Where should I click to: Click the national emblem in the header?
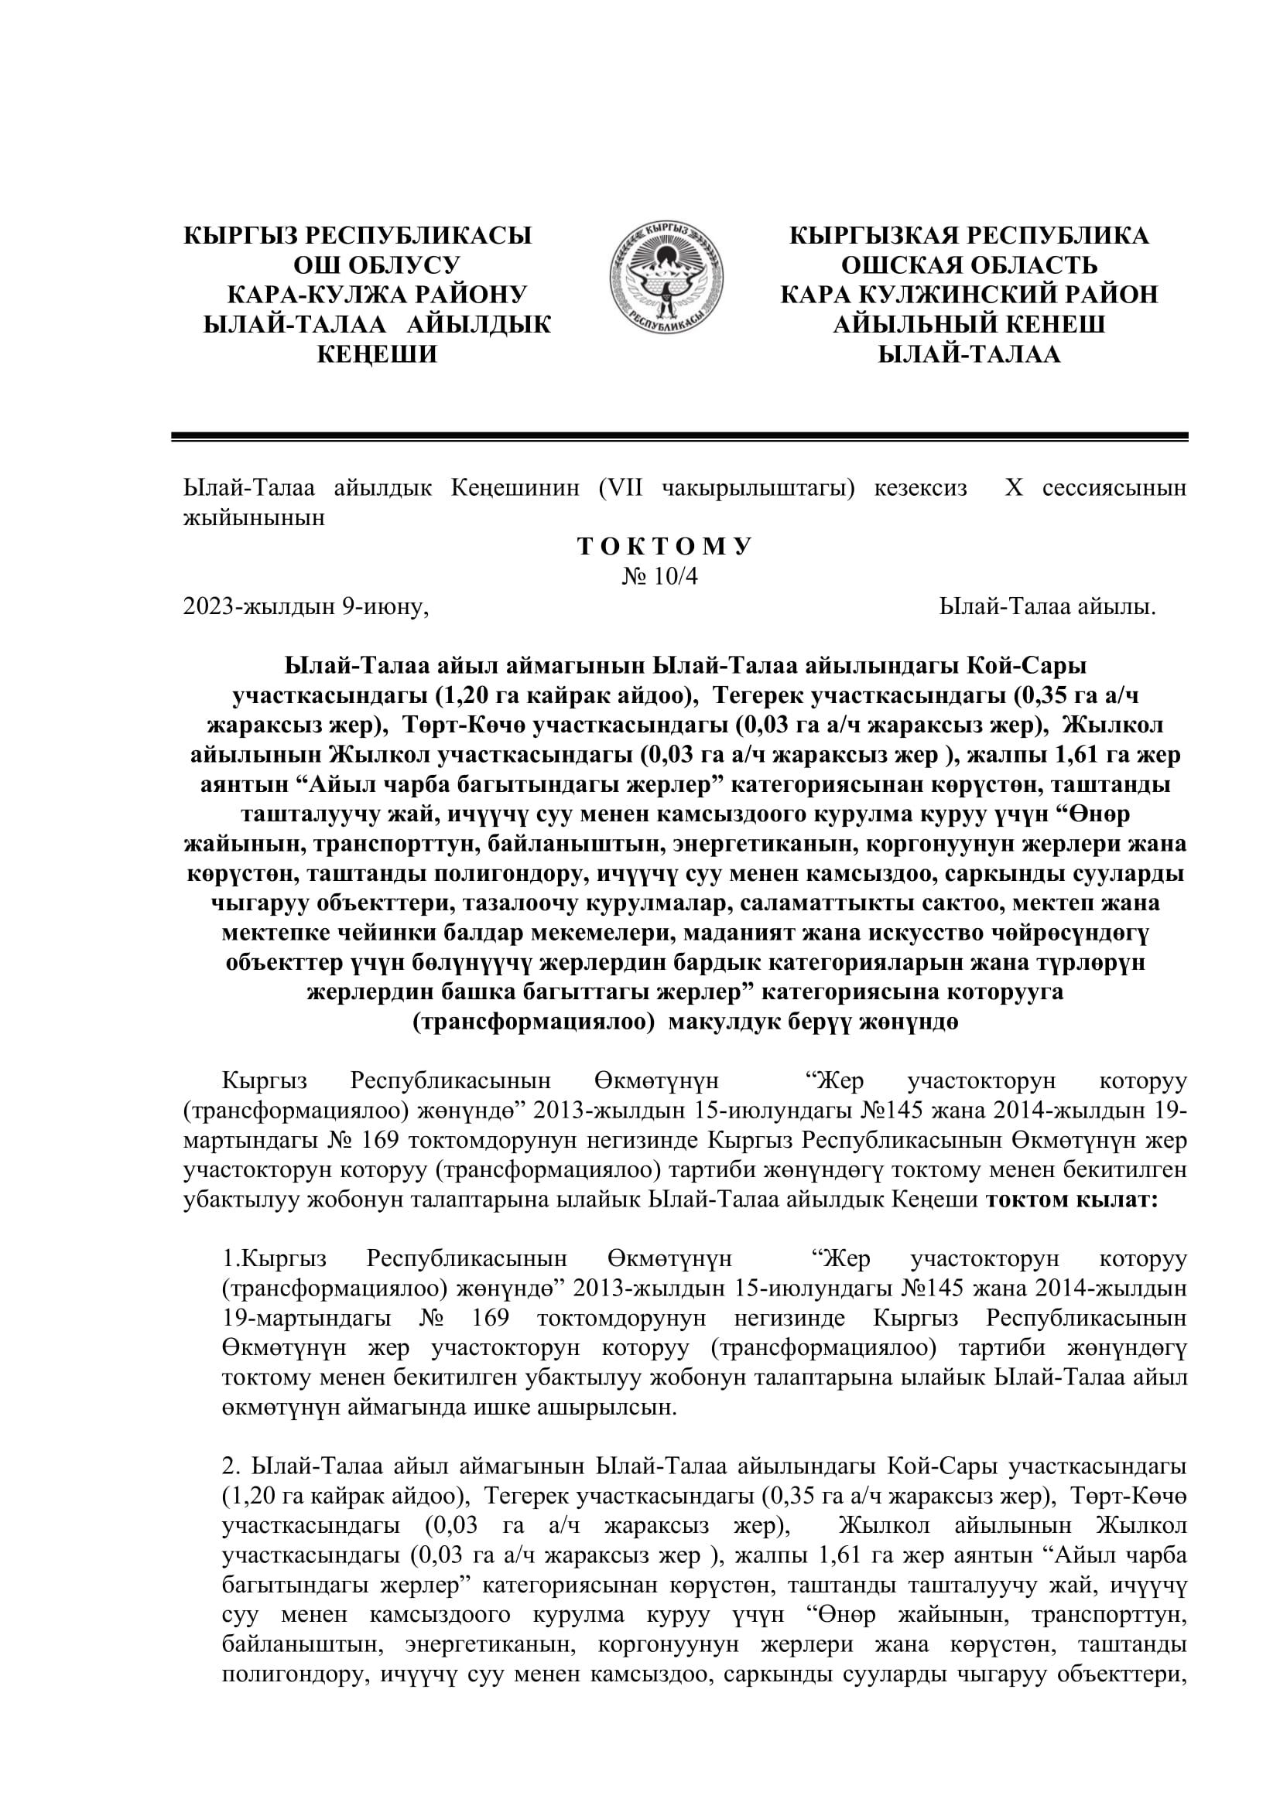pyautogui.click(x=666, y=278)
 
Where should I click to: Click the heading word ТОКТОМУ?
pyautogui.click(x=666, y=547)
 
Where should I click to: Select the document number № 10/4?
pyautogui.click(x=659, y=577)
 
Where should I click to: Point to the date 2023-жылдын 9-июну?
pyautogui.click(x=306, y=606)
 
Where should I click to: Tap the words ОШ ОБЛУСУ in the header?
pyautogui.click(x=377, y=265)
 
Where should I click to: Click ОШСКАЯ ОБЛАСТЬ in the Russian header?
pyautogui.click(x=970, y=265)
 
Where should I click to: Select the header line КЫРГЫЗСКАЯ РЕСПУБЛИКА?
pyautogui.click(x=970, y=235)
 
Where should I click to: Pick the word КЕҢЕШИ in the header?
pyautogui.click(x=377, y=354)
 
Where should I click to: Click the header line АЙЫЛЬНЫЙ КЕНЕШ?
pyautogui.click(x=970, y=325)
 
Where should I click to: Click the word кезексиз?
pyautogui.click(x=920, y=489)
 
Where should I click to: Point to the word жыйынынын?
pyautogui.click(x=254, y=517)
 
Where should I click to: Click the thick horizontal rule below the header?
pyautogui.click(x=679, y=435)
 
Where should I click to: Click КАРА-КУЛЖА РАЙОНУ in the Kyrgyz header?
pyautogui.click(x=377, y=295)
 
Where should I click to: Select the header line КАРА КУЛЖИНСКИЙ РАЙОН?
pyautogui.click(x=970, y=295)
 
